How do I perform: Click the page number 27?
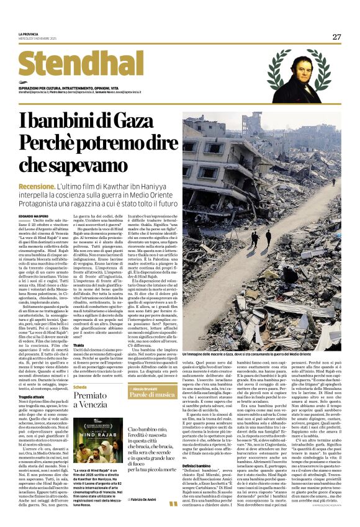click(x=336, y=37)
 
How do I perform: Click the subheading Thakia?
click(x=78, y=344)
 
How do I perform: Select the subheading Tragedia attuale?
click(x=31, y=395)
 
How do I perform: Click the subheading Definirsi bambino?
click(x=199, y=466)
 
